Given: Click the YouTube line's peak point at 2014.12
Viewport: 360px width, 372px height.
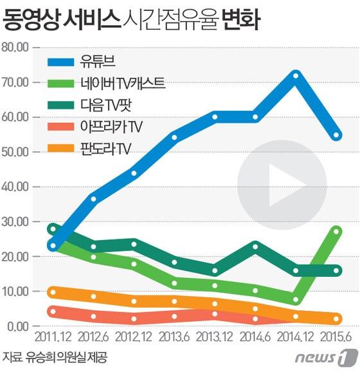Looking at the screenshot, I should [x=296, y=76].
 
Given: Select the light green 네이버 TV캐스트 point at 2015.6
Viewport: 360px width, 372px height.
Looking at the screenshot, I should [x=336, y=231].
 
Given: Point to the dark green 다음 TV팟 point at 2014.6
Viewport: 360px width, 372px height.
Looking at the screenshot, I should [x=255, y=246].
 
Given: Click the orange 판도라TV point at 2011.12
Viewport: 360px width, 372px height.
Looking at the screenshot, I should [x=53, y=292].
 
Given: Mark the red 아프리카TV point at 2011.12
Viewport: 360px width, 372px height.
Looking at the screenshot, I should [x=53, y=312].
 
